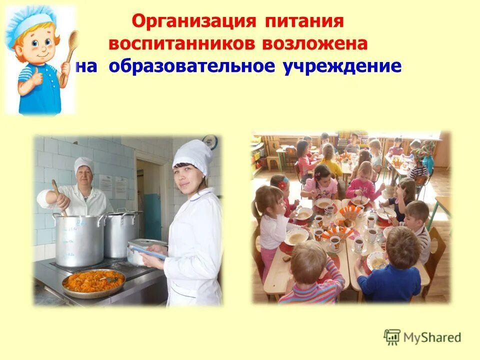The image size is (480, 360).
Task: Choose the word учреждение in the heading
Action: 342,66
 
